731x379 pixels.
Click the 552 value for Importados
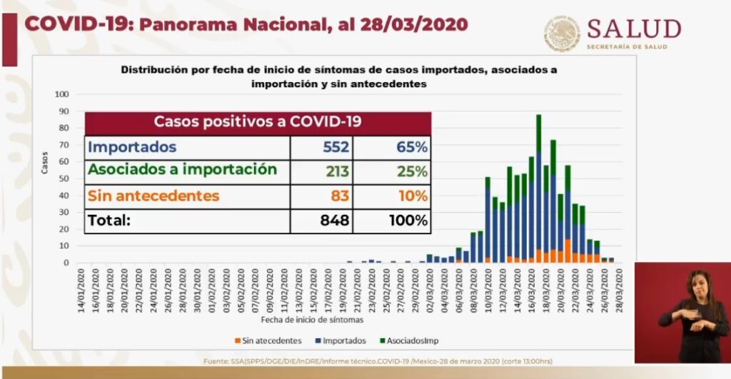(x=335, y=148)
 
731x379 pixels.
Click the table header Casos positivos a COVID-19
(x=258, y=121)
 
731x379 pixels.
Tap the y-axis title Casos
(x=44, y=162)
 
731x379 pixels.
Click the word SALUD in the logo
(x=633, y=29)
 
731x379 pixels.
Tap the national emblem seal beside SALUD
(x=562, y=34)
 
